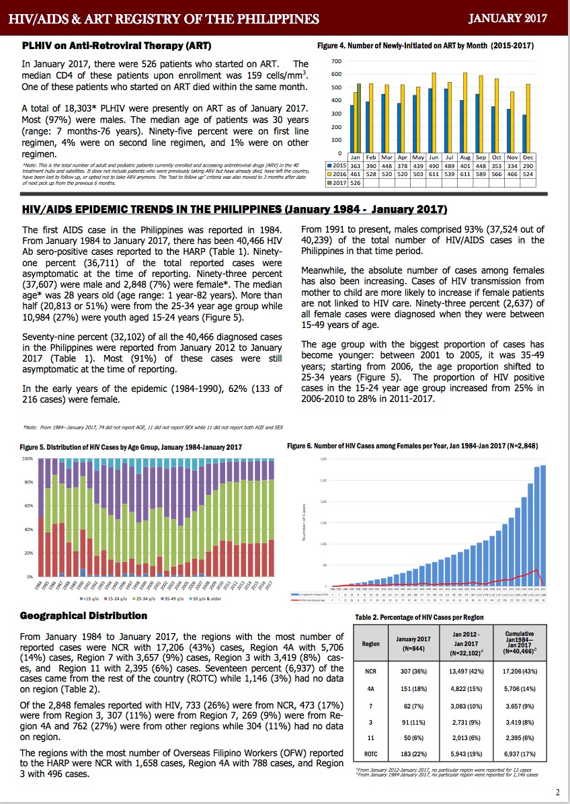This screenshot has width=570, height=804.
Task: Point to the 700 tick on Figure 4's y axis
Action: coord(337,61)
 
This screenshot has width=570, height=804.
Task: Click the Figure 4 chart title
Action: coord(425,46)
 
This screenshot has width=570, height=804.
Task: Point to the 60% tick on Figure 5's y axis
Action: coord(28,506)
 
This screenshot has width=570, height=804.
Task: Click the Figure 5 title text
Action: coord(130,447)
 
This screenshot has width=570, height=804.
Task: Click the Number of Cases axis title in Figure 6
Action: coord(304,523)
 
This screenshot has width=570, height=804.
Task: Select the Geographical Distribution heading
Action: coord(83,615)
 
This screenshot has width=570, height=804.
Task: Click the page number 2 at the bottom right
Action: coord(558,791)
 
